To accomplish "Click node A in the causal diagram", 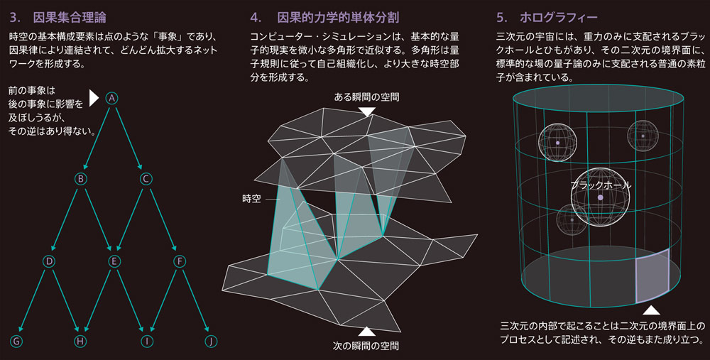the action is [x=112, y=98].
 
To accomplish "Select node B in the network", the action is [x=81, y=179].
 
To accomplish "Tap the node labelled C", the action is [x=146, y=179].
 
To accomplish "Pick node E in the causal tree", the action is [x=114, y=261].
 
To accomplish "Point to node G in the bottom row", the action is [x=16, y=341].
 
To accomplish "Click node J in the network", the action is [x=211, y=341].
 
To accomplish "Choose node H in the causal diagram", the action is [x=80, y=341].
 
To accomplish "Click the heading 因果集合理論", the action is [x=70, y=18].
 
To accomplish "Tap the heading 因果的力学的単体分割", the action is [x=338, y=18].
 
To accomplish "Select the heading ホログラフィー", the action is [x=558, y=18].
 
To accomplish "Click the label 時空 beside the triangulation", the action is [x=251, y=199].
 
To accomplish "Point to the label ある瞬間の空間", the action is [x=366, y=97].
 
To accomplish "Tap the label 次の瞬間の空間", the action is [x=366, y=346].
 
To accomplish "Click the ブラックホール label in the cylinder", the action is [x=601, y=185].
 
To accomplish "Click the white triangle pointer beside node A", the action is [x=94, y=98].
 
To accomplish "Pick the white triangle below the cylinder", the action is [x=651, y=310].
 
